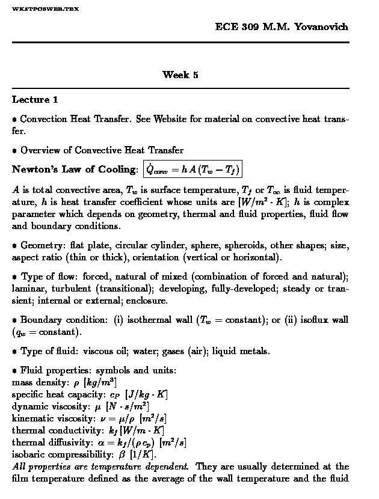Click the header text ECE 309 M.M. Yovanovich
281,27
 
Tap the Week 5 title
180,75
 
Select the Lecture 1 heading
35,100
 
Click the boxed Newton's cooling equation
193,170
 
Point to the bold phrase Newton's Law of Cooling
75,170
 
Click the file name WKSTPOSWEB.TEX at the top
45,9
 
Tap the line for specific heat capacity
90,394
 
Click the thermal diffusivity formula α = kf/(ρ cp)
126,442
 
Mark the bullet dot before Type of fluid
14,352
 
